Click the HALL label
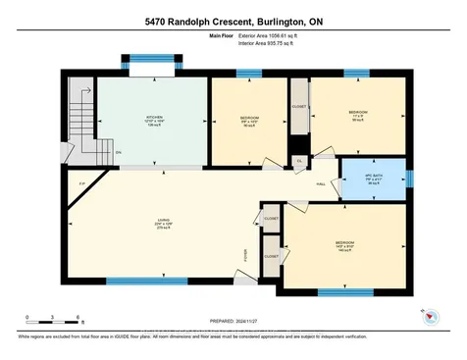321,182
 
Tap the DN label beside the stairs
118,152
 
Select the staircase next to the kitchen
81,123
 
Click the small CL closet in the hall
299,162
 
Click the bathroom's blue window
410,178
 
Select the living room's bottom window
146,283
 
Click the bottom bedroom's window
344,291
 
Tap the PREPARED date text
233,318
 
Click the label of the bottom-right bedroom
344,244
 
